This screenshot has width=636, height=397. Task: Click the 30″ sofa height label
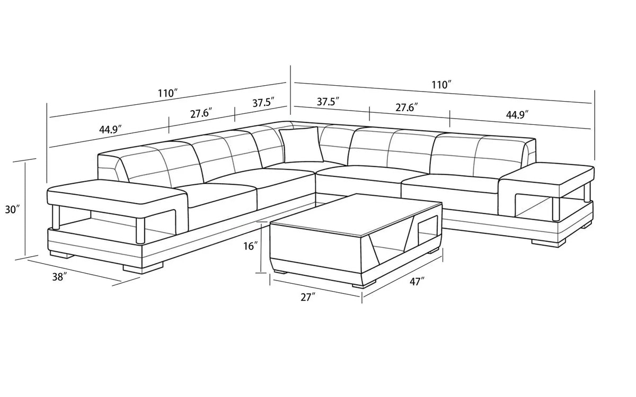(13, 210)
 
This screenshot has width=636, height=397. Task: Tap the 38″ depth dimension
(59, 276)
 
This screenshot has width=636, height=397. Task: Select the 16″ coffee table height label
(250, 246)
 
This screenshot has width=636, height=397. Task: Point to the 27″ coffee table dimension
(308, 297)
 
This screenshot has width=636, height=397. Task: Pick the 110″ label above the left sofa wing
(168, 93)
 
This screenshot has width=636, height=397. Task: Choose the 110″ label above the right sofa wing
(441, 85)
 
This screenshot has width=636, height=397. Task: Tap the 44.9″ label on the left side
(110, 129)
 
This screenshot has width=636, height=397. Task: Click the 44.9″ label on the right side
(517, 115)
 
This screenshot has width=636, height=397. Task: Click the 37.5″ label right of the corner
(328, 102)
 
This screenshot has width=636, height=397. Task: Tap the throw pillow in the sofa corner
(301, 145)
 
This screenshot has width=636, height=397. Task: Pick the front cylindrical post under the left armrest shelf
(140, 231)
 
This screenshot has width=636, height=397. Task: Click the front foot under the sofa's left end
(143, 268)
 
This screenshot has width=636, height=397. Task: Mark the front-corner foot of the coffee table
(364, 284)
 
